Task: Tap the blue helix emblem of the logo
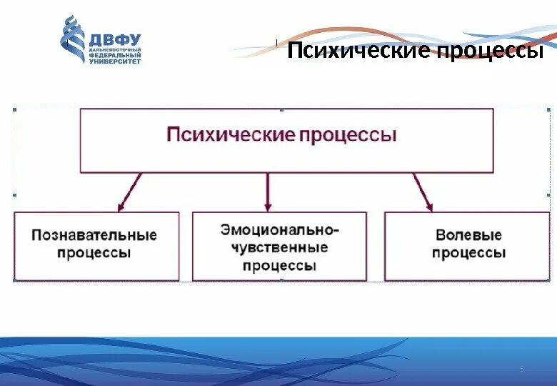point(73,40)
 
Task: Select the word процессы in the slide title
point(489,51)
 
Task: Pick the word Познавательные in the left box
point(94,234)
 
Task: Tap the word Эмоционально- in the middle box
point(279,230)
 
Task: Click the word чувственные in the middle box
point(279,247)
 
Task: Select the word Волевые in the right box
point(468,234)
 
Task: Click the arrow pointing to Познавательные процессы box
point(130,193)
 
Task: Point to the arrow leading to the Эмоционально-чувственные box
point(269,192)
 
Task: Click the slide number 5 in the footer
point(521,369)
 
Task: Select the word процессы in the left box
point(94,253)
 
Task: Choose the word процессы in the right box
point(468,253)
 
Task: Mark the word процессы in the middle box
point(279,265)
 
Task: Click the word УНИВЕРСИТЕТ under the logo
point(114,61)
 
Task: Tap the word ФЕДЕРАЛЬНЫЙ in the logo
point(114,56)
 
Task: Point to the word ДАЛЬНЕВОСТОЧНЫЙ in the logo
point(114,50)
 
